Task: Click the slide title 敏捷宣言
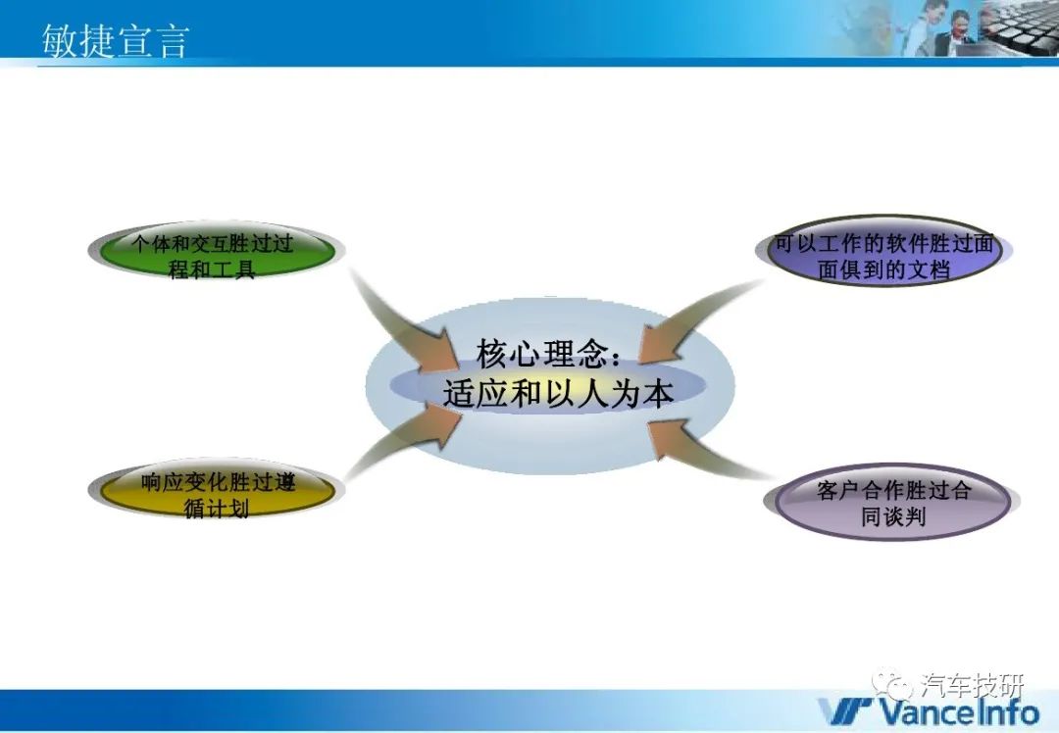coord(114,40)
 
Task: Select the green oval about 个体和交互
coord(217,251)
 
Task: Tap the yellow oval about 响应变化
coord(217,490)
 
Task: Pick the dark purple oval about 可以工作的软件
coord(884,251)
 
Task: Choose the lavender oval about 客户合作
coord(892,502)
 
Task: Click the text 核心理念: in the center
coord(548,353)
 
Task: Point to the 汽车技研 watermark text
coord(973,686)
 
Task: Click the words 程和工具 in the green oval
coord(212,269)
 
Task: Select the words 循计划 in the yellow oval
coord(216,509)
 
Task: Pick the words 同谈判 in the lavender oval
coord(893,516)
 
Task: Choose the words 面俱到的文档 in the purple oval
coord(884,270)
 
